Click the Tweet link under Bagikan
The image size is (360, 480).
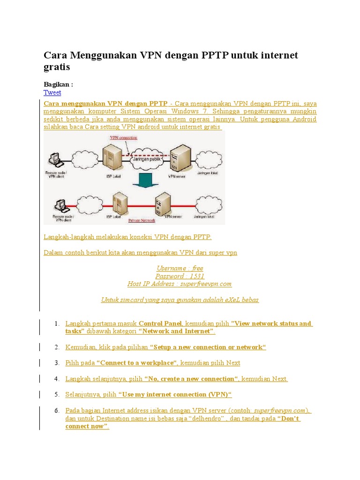click(52, 93)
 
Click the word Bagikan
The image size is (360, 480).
click(56, 84)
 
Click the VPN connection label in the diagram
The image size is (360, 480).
click(123, 138)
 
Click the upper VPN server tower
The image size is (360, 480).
click(180, 157)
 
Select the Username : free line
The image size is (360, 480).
click(180, 268)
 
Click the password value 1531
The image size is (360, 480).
click(197, 276)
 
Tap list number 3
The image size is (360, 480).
click(56, 363)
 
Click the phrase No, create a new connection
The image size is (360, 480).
click(191, 379)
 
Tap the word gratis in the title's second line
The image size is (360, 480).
click(57, 67)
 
